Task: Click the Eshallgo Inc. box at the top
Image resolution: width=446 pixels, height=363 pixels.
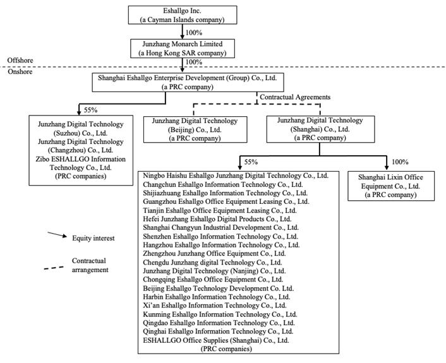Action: click(182, 15)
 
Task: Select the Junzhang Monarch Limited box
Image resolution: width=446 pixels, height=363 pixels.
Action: click(182, 49)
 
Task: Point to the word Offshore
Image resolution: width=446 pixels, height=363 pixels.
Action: click(20, 60)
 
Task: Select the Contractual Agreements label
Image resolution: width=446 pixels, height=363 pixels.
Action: click(296, 97)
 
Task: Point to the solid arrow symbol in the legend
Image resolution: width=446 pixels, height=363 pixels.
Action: click(56, 235)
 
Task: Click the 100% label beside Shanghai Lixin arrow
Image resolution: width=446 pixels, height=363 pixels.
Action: click(400, 162)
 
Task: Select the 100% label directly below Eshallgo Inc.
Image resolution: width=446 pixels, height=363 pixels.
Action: click(194, 31)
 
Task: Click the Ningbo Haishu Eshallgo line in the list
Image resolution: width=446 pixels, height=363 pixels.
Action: click(236, 176)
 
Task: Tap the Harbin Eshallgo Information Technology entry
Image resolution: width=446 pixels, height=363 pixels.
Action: click(217, 296)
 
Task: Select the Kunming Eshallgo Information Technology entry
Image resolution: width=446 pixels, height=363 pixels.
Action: click(220, 314)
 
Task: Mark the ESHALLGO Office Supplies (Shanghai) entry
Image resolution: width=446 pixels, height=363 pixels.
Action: click(216, 340)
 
